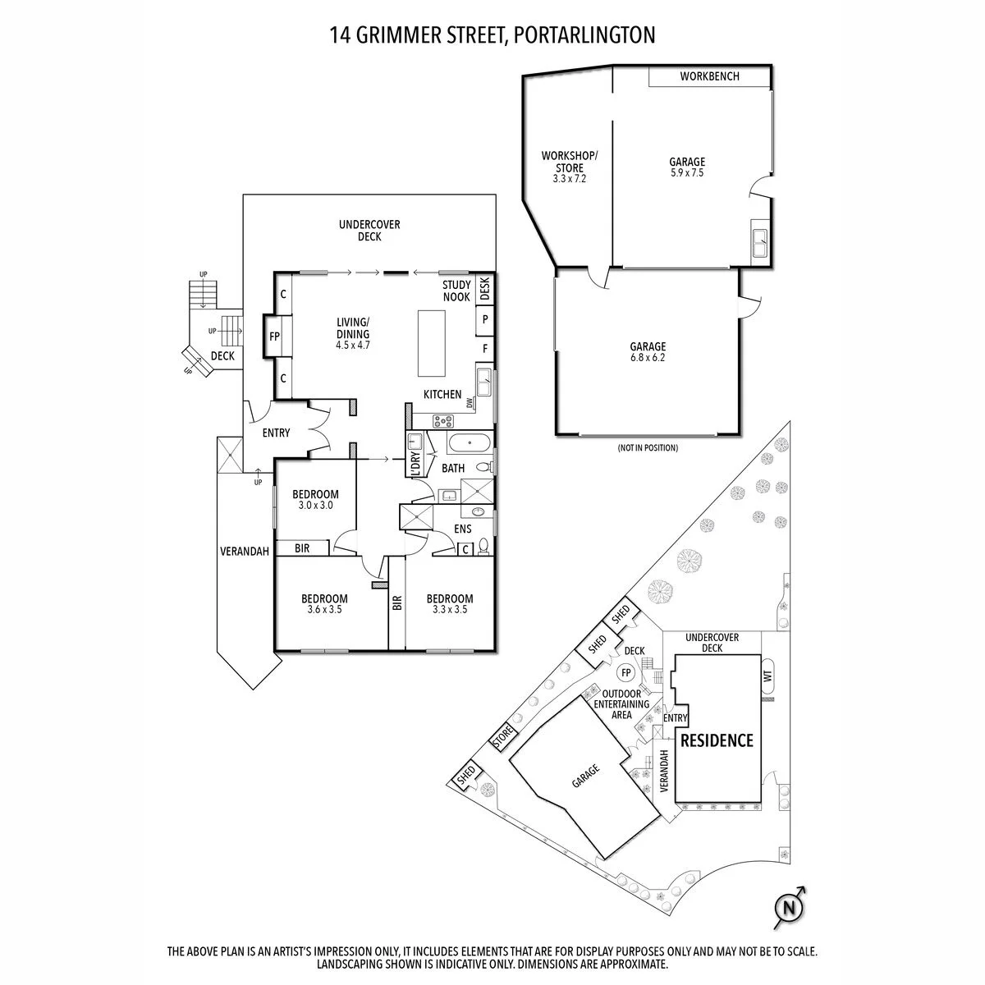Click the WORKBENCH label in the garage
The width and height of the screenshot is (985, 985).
709,76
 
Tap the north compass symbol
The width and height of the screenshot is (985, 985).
790,908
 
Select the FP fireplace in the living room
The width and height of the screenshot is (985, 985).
274,336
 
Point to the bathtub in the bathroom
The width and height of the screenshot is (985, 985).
470,442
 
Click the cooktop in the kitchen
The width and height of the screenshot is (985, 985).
443,421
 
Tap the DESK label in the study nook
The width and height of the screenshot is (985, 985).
485,288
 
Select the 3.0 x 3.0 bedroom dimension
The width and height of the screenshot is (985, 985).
315,505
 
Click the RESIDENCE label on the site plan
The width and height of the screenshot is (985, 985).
717,740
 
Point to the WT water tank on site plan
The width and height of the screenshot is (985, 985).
769,676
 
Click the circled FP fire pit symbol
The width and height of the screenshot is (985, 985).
626,673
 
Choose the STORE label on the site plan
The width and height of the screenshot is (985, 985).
502,736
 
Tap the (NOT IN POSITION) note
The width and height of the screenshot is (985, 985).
648,448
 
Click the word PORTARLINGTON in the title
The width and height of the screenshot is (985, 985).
584,35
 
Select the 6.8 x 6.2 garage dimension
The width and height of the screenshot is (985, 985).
648,358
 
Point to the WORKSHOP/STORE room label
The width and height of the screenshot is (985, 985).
570,162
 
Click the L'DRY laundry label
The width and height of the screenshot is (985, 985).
415,464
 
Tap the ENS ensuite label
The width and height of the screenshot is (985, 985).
463,529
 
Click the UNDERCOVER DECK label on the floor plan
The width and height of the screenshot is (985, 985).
369,231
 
